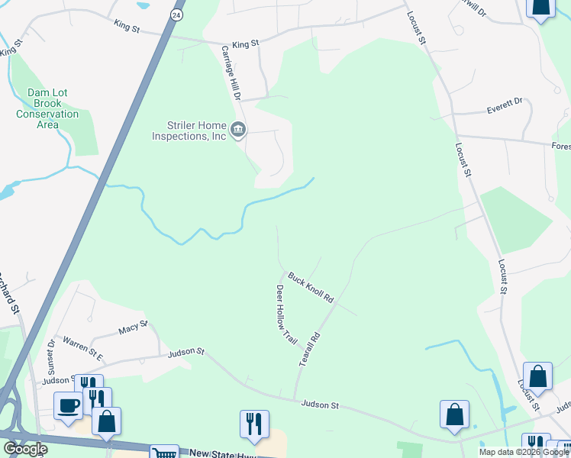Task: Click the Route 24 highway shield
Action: (177, 15)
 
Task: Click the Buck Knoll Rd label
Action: (311, 286)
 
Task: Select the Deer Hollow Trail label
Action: (285, 313)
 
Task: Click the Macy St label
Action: (133, 329)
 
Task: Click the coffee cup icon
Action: (68, 405)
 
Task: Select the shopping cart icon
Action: (163, 452)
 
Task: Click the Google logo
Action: (24, 449)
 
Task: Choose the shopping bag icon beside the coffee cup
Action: (107, 420)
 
